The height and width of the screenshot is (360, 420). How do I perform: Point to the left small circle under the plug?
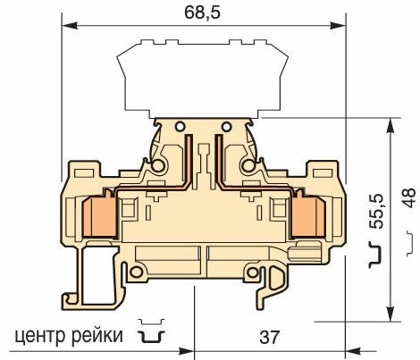point(177,125)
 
